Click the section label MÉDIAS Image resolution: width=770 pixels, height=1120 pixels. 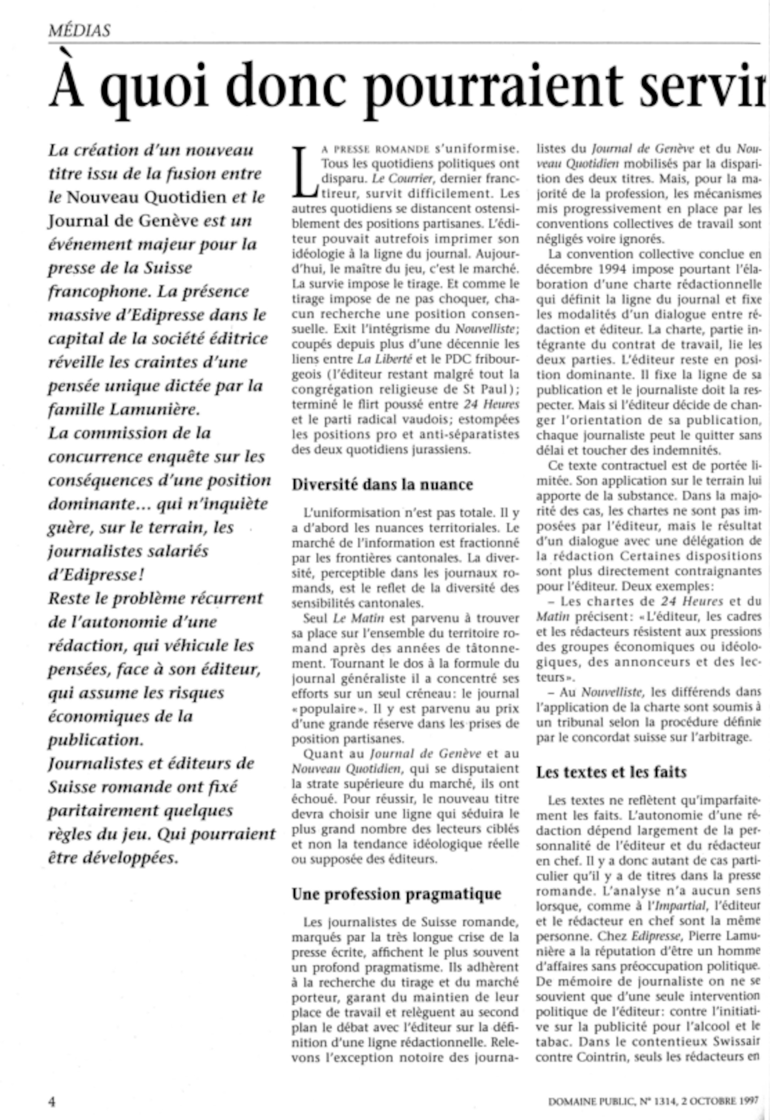(79, 31)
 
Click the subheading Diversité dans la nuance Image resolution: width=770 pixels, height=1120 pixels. (382, 484)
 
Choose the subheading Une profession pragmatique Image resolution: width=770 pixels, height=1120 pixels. (396, 894)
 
